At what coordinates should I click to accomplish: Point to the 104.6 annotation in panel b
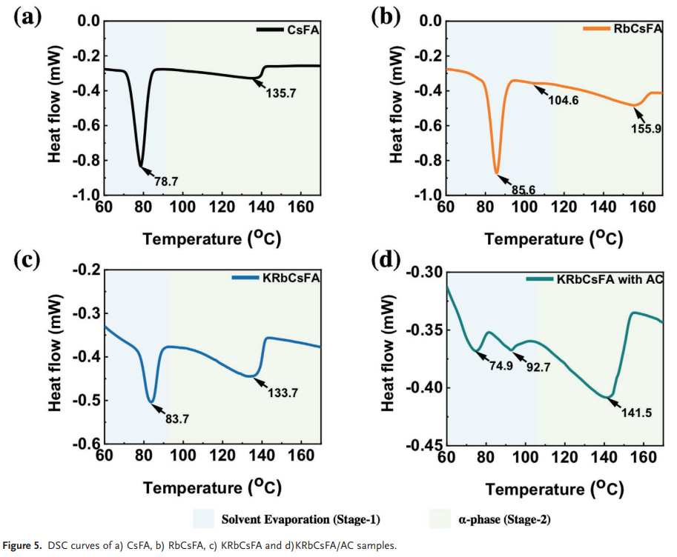[564, 101]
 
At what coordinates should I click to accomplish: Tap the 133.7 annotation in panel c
[283, 393]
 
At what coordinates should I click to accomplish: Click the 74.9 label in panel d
[500, 364]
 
